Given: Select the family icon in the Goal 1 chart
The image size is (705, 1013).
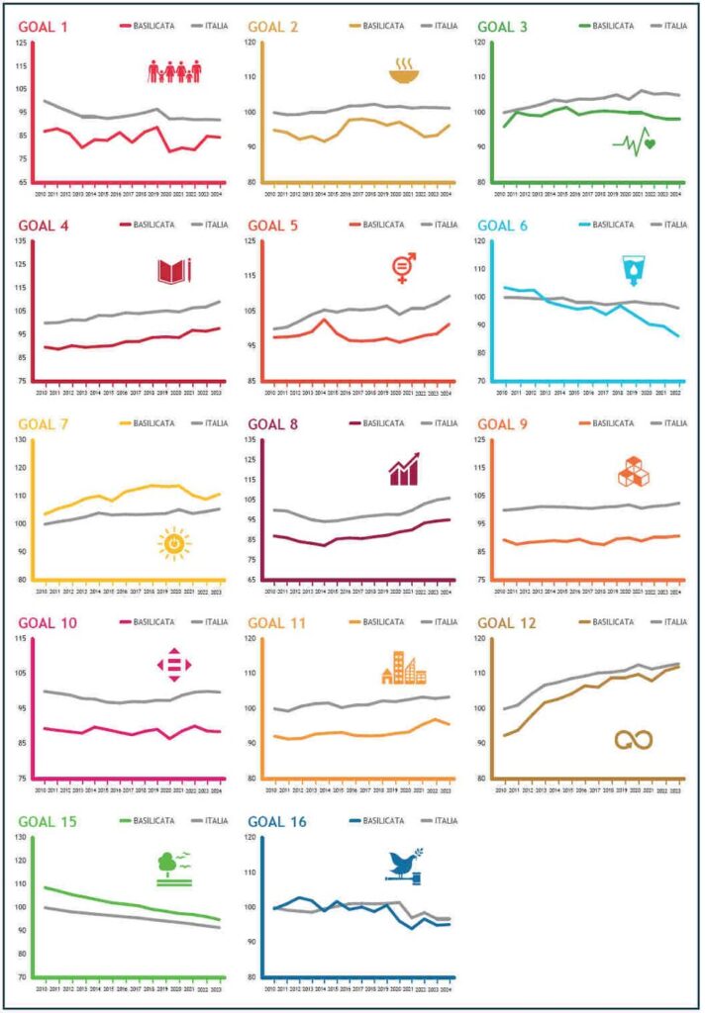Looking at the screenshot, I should coord(175,71).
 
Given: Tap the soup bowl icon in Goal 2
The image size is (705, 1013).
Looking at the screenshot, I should coord(403,71).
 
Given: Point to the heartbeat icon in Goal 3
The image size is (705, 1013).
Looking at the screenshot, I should coord(634,144).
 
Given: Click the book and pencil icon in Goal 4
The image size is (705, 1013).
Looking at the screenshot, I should coord(174,270).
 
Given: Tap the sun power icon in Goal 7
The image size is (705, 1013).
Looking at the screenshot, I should coord(173,543).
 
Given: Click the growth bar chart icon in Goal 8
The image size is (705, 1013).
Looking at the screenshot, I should coord(403,469).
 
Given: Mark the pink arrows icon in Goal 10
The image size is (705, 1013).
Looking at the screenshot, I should coord(174,667).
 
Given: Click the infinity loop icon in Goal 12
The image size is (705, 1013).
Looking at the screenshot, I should coord(634,740).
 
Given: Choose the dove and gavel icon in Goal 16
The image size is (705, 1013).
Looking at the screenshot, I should coord(405,866).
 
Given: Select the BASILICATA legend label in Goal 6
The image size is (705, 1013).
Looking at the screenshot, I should coord(615,225).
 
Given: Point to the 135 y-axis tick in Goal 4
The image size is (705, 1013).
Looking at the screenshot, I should coord(21,240).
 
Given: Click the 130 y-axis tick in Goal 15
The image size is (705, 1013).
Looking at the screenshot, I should coord(21,837).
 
